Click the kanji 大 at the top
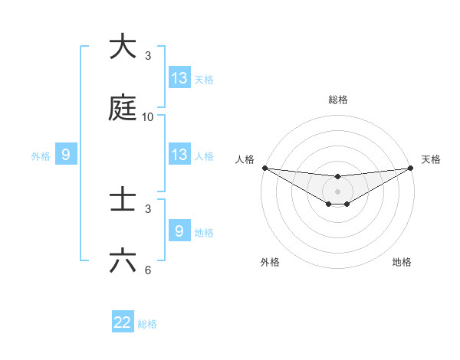pos(123,47)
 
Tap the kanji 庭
pos(123,108)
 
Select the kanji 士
pos(123,200)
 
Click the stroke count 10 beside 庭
pos(148,117)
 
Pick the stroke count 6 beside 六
pos(148,270)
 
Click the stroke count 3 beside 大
pos(148,56)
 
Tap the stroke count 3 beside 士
pos(148,209)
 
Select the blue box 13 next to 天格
pos(179,77)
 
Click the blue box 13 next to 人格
pos(179,154)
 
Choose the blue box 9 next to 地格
pos(179,231)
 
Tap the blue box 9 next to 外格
pos(66,155)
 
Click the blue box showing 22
pos(123,322)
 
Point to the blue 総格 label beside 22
pos(147,324)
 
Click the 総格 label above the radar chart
pos(337,100)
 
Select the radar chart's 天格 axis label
pos(431,159)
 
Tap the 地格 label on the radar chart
pos(402,262)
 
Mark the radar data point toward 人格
pos(264,168)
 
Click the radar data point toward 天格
pos(410,168)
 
